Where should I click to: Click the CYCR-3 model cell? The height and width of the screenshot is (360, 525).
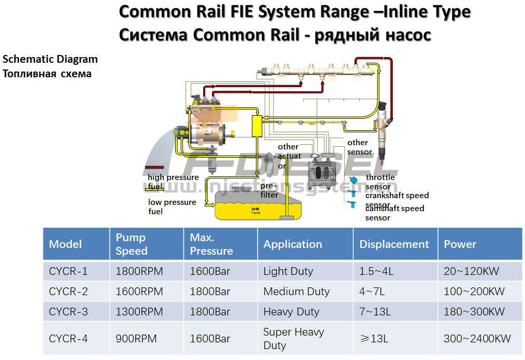point(68,312)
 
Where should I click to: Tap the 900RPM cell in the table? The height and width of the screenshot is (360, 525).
point(136,339)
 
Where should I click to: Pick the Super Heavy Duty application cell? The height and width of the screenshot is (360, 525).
point(293,339)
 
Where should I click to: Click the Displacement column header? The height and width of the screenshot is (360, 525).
point(394,244)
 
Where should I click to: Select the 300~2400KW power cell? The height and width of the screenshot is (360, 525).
point(477,339)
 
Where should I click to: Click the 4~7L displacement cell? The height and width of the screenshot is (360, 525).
point(372,292)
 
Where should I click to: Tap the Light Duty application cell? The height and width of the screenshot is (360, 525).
point(288,271)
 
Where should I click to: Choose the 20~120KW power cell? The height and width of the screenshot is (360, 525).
point(474,271)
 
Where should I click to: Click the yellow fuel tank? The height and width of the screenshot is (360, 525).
point(254,206)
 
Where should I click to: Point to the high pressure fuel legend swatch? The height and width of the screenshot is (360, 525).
point(155,168)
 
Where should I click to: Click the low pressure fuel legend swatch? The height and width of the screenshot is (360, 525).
point(155,192)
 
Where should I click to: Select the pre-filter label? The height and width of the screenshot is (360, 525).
point(269,190)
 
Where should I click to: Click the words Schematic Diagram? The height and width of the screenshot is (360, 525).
point(50,59)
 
